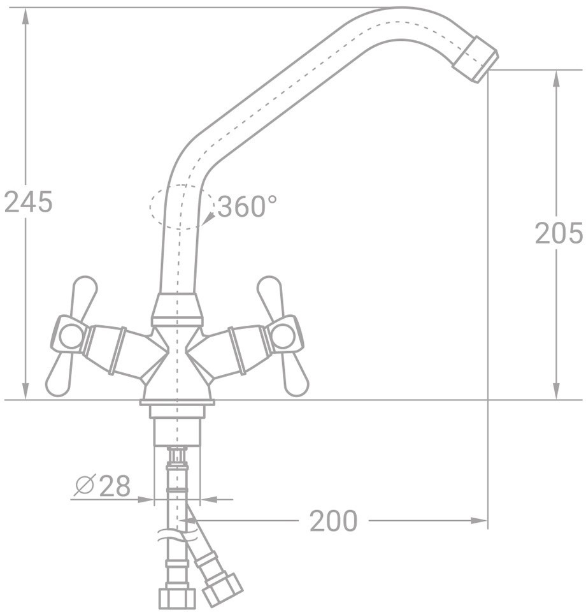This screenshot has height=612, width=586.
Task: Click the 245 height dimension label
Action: [28, 202]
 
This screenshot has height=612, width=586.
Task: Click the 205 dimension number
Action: [559, 233]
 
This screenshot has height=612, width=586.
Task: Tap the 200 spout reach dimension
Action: [333, 521]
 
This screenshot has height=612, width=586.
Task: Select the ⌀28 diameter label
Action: [103, 486]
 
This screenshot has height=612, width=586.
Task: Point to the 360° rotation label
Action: [247, 206]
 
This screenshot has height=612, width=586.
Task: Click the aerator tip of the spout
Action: [476, 59]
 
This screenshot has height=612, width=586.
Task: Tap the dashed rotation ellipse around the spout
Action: [182, 207]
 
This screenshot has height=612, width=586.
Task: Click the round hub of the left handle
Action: [72, 337]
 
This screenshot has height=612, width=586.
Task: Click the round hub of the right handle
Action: [282, 337]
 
